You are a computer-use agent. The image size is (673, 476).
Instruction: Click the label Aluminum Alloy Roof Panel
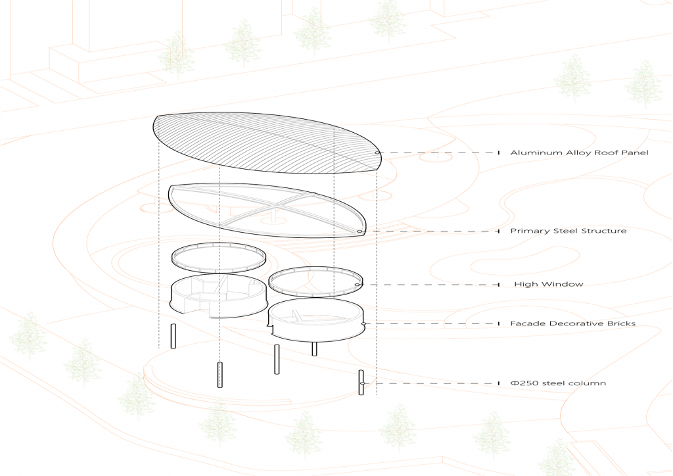pos(579,153)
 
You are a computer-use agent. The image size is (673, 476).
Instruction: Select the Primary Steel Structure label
pos(569,231)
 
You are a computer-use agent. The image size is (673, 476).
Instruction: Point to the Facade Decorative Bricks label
pos(572,323)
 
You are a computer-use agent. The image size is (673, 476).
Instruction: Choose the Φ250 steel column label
pos(558,383)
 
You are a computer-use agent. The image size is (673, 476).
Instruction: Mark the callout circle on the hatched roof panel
pos(378,153)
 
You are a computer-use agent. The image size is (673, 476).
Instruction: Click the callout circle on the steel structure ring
pos(359,231)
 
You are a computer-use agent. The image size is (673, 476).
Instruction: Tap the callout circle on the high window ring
pos(358,285)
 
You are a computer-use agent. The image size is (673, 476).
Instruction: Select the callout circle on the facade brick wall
pos(364,323)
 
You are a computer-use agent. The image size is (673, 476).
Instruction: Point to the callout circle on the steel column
pos(361,383)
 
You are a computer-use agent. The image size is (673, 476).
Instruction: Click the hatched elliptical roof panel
pos(263,145)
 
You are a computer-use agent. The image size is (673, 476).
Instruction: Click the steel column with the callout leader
pos(361,382)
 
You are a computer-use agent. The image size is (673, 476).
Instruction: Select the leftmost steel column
pos(173,336)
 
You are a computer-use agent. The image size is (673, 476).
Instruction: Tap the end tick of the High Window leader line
pos(498,285)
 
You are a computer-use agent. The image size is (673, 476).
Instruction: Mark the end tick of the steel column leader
pos(498,383)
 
